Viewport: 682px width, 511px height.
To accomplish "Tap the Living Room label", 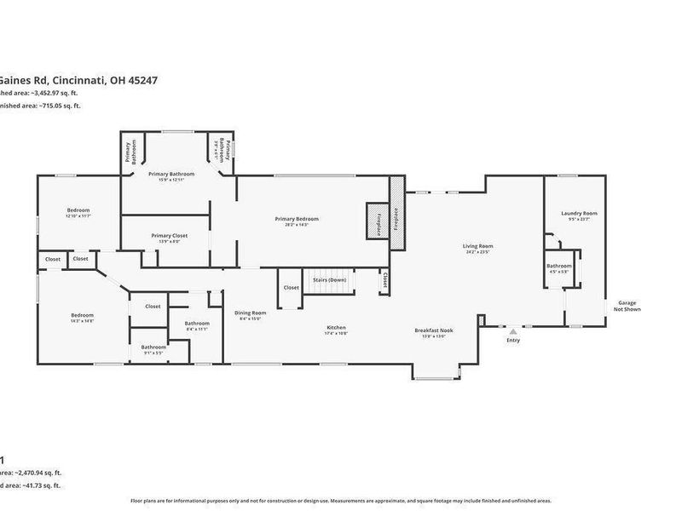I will click(479, 247).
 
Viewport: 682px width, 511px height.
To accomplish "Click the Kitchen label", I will click(337, 327).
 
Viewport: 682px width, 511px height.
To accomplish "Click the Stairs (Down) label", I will click(330, 279).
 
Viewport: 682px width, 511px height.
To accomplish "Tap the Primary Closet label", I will click(169, 236).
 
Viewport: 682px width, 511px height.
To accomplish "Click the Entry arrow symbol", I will click(513, 332).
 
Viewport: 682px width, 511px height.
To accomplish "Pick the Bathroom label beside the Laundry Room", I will click(559, 266).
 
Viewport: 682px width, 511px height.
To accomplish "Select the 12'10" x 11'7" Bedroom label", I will click(78, 210).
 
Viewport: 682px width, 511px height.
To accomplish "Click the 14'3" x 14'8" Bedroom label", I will click(82, 316).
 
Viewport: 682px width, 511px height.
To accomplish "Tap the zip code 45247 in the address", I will click(141, 81).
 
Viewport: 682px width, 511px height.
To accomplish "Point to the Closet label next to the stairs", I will click(292, 288).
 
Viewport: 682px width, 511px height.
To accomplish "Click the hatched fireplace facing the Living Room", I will click(396, 213).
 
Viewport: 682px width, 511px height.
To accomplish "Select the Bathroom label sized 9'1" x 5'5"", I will click(153, 347).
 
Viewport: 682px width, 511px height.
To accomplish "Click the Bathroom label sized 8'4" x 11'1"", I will click(197, 324).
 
